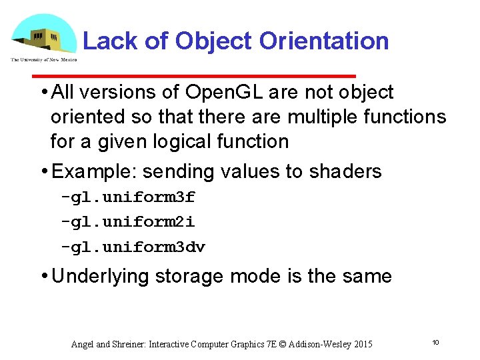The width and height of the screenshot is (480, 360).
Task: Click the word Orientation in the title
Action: point(324,41)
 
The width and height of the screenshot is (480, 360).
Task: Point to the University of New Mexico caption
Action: point(44,59)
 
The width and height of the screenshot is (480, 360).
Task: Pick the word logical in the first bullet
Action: point(185,141)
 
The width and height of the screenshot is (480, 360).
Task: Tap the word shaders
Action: point(345,171)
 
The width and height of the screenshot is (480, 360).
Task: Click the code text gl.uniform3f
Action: point(132,198)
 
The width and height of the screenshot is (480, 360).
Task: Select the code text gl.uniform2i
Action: point(132,223)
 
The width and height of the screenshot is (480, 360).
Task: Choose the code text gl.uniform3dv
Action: point(137,247)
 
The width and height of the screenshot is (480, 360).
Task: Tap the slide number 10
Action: point(435,343)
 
